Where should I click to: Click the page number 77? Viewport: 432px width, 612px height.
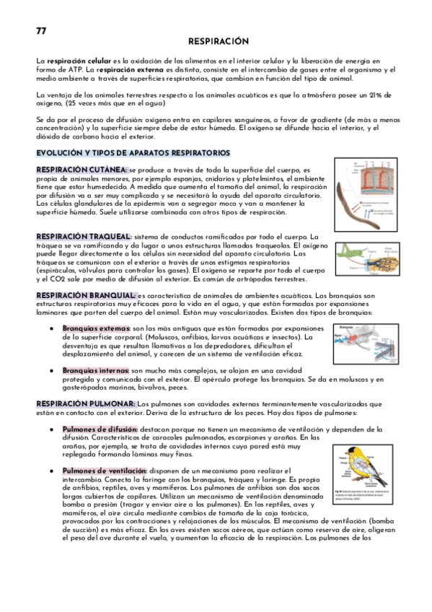point(41,30)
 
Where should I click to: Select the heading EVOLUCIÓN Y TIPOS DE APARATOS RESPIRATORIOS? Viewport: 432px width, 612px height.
point(133,153)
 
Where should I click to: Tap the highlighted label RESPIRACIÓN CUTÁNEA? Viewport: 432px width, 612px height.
point(81,170)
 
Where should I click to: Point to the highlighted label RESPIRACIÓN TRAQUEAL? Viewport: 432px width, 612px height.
point(84,237)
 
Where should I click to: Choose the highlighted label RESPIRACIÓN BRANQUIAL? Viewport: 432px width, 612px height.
point(86,296)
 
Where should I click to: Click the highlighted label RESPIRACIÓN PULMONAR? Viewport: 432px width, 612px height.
point(85,404)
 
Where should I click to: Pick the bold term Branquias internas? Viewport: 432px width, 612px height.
point(96,370)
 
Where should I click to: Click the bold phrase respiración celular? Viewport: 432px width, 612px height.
point(80,63)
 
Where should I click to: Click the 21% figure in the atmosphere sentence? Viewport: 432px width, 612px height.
point(384,95)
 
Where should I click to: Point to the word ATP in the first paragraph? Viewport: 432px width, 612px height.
point(72,70)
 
